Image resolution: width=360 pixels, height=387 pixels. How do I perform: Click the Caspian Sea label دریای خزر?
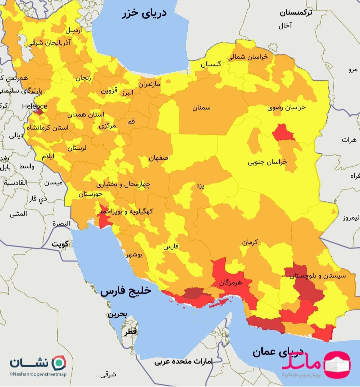coord(144,13)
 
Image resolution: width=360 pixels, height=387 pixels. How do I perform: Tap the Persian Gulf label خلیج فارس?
coord(126,291)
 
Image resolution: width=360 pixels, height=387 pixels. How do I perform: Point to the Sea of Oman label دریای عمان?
coord(278,351)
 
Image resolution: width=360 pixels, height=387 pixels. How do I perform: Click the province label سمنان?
coord(201,108)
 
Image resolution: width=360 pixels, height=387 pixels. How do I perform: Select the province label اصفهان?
coord(159,158)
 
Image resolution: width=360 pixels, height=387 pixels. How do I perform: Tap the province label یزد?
coord(200,186)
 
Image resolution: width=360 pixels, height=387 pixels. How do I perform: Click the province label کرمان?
coord(250,242)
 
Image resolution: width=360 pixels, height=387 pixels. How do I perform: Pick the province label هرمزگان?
coord(230,283)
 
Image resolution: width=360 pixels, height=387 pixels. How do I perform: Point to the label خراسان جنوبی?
coord(267,162)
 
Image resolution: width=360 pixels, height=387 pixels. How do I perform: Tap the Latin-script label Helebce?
coord(34,106)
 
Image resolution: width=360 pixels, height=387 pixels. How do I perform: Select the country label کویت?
coord(60,244)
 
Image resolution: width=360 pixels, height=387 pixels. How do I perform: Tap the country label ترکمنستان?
coord(296,13)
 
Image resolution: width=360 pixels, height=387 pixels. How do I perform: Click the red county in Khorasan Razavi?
coord(283,132)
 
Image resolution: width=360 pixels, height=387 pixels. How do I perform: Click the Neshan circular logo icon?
coord(60,362)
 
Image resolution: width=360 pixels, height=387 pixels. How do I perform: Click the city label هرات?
coord(349,140)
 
